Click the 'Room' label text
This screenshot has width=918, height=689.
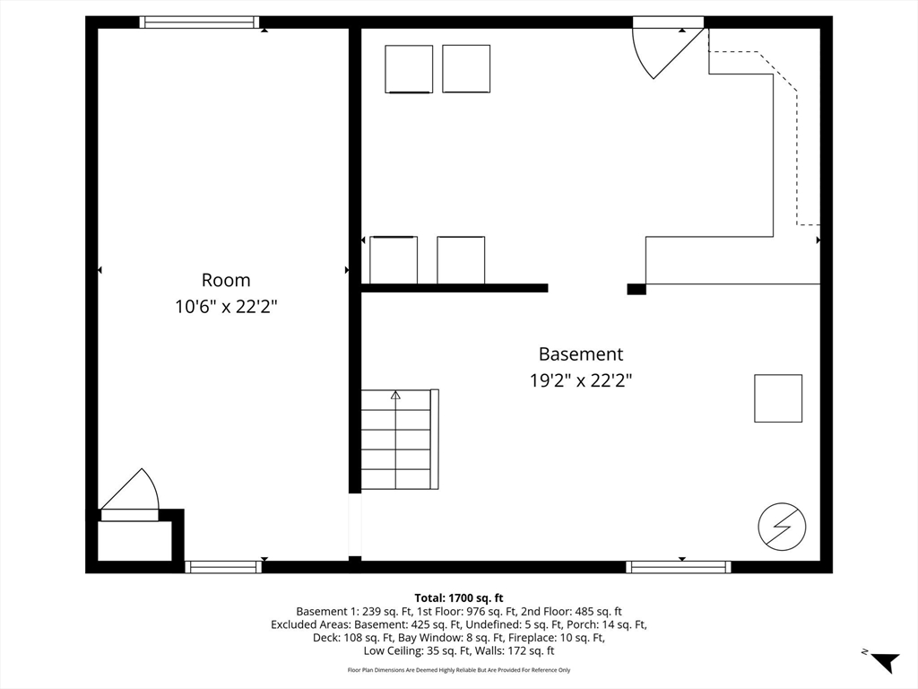(226, 280)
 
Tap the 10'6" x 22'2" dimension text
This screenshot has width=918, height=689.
(226, 307)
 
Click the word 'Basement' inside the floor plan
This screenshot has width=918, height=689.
(581, 353)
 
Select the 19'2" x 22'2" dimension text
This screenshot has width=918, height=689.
(581, 380)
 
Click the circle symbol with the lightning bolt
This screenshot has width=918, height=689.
(782, 526)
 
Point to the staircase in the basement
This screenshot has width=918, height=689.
(399, 440)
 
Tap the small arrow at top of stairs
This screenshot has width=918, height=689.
(395, 396)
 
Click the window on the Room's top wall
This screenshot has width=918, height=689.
(199, 22)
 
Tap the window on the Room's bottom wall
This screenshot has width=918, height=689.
(223, 567)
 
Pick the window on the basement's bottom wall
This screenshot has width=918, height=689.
(679, 567)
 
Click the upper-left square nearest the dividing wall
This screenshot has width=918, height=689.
(409, 69)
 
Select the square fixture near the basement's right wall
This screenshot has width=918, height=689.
(778, 398)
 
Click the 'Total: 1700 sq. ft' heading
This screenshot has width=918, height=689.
(459, 598)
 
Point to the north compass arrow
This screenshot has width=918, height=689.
(884, 661)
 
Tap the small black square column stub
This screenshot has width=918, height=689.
(637, 289)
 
